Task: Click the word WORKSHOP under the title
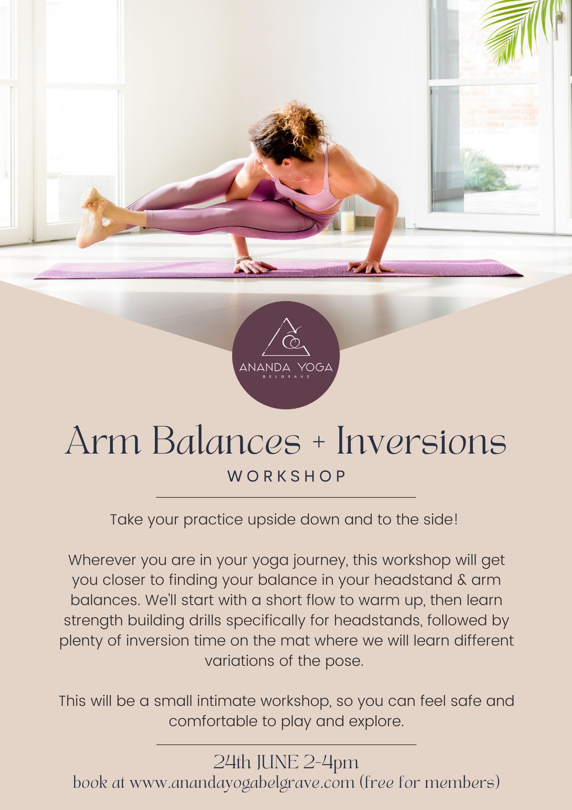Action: coord(286,476)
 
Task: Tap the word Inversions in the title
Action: coord(421,441)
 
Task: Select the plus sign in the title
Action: coord(319,442)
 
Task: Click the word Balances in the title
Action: coord(227,441)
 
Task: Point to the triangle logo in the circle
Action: coord(286,338)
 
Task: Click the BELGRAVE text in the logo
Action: coord(286,377)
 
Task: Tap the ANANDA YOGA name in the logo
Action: coord(286,367)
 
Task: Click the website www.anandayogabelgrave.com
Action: coord(242,782)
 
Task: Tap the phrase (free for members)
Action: coord(429,782)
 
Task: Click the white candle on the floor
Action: coord(347,221)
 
